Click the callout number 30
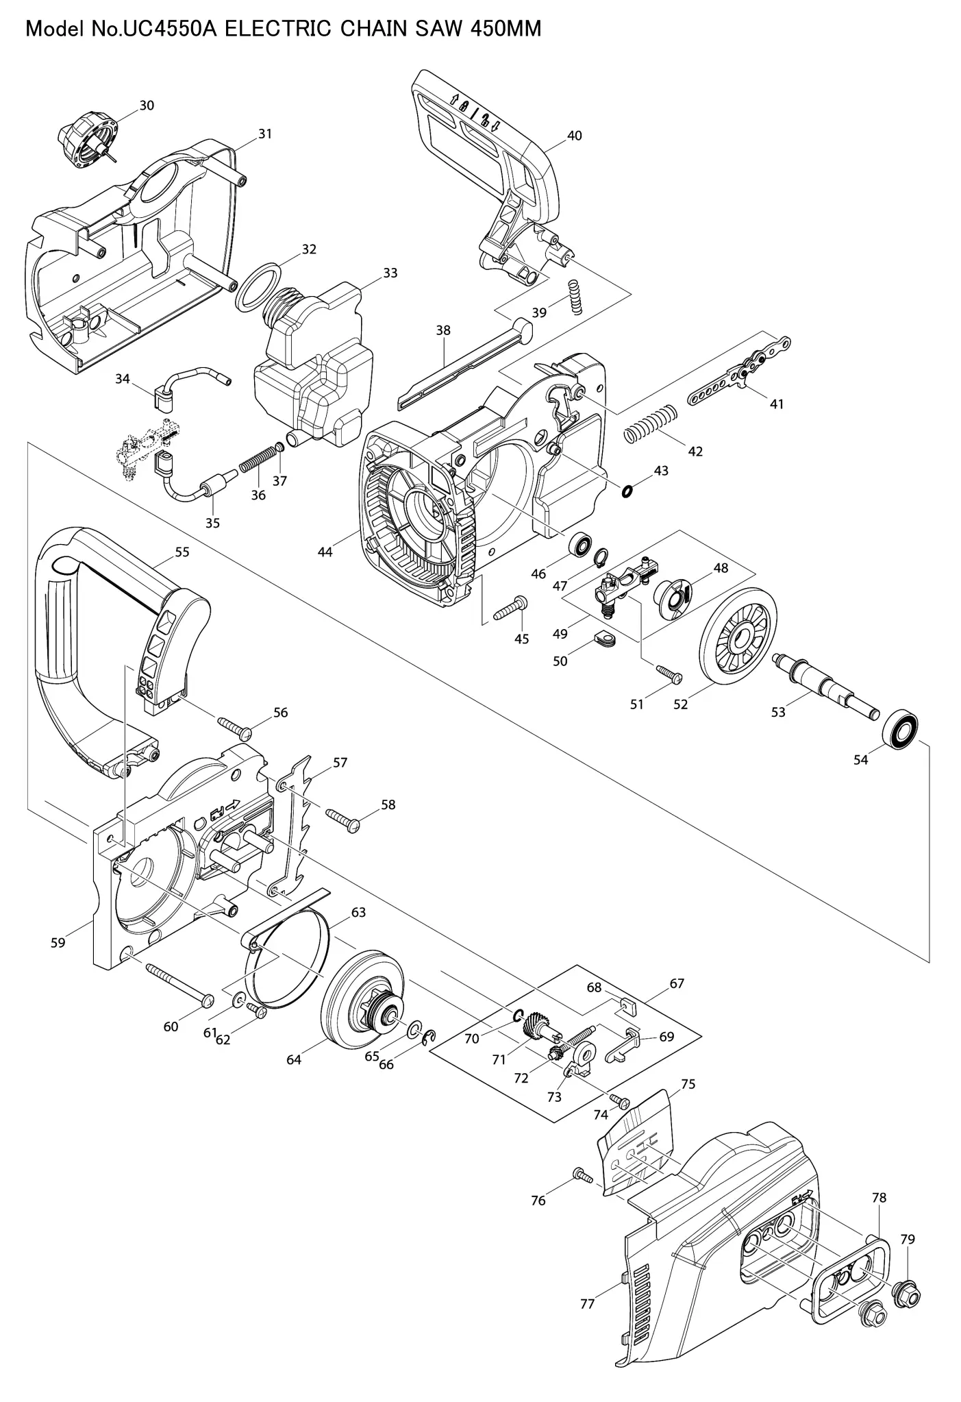pyautogui.click(x=147, y=106)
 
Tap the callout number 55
pyautogui.click(x=182, y=552)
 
